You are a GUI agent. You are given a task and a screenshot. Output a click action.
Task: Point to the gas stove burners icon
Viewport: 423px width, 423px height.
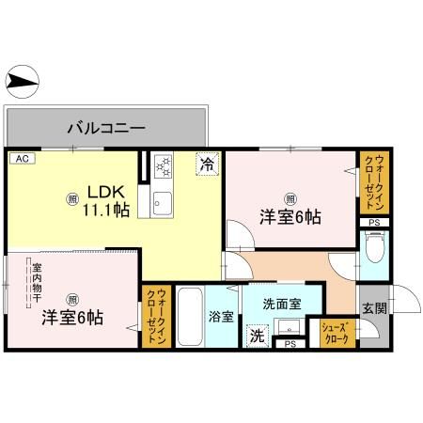pos(164,168)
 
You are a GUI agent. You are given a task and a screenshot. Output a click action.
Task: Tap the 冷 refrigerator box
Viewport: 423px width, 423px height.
pos(207,163)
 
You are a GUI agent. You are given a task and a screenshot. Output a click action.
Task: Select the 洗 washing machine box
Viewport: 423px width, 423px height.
pos(255,335)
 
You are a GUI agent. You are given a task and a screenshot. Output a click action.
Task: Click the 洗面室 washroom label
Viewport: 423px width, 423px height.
pos(282,304)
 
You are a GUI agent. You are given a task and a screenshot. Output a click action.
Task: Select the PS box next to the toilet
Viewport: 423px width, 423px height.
pos(374,222)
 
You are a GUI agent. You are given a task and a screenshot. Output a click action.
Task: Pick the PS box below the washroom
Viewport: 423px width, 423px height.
pos(289,344)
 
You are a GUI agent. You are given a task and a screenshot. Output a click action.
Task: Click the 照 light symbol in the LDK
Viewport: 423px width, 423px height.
pos(72,198)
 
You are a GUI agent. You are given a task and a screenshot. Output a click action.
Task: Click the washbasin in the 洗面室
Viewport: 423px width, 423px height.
pos(291,329)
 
